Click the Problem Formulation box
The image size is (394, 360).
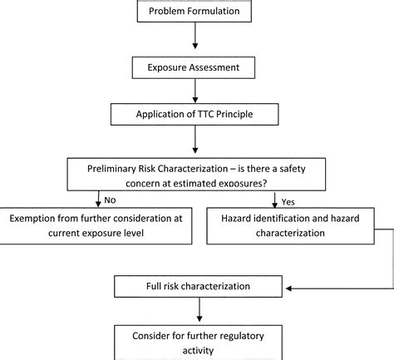point(194,11)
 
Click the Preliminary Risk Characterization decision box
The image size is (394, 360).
point(194,175)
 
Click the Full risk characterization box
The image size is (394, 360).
point(194,287)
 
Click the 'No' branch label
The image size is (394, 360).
point(110,199)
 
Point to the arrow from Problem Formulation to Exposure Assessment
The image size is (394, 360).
point(195,37)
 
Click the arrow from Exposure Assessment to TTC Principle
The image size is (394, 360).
point(195,89)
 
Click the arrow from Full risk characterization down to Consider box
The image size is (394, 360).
point(195,313)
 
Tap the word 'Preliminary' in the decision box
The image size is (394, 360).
point(118,169)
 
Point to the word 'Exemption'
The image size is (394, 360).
point(37,219)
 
